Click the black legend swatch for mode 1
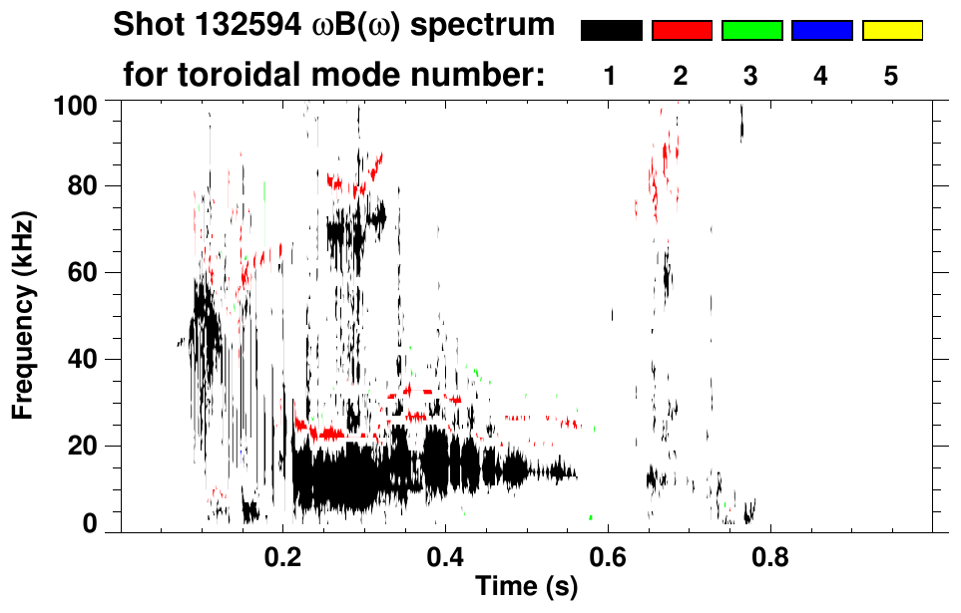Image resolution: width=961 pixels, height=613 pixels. [x=612, y=31]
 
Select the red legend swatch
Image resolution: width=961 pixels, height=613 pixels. [x=682, y=31]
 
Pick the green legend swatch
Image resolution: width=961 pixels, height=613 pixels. [x=751, y=31]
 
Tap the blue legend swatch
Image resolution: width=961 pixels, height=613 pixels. [x=821, y=31]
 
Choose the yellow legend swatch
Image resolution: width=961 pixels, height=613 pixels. [x=891, y=31]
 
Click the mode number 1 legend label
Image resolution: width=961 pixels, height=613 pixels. [x=610, y=77]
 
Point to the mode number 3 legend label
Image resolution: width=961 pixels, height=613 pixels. [x=751, y=77]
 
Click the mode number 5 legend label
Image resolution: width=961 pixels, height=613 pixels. [x=891, y=77]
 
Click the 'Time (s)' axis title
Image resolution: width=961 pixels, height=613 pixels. [x=526, y=588]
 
